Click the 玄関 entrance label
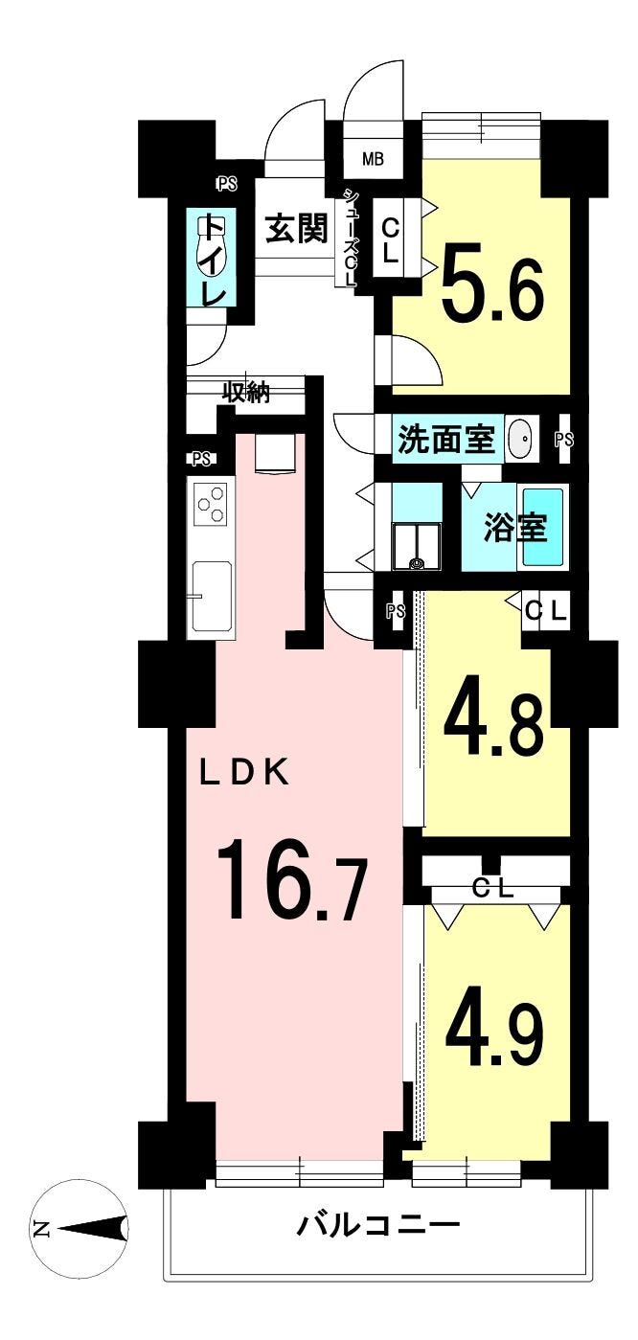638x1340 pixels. [x=297, y=229]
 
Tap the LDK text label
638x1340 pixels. [x=244, y=774]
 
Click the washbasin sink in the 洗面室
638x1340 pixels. [x=519, y=439]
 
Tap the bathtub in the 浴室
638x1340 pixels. [x=543, y=527]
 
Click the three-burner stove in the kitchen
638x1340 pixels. [x=210, y=503]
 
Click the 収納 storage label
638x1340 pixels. [x=246, y=393]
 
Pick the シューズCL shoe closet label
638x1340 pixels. [x=350, y=238]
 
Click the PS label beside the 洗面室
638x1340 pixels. [x=564, y=440]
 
